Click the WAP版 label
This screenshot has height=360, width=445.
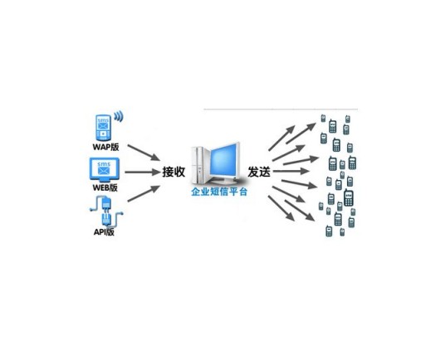tap(105, 147)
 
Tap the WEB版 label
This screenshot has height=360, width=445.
tap(105, 187)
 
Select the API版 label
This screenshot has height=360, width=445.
tap(104, 232)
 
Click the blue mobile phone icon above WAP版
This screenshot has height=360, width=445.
tap(103, 128)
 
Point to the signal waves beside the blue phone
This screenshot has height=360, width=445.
tap(119, 116)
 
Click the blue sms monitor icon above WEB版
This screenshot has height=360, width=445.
tap(104, 169)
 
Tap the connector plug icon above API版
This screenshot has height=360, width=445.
tap(106, 211)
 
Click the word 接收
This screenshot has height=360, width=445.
tap(174, 172)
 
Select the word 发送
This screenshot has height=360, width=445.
tap(259, 172)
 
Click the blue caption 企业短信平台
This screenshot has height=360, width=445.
tap(219, 192)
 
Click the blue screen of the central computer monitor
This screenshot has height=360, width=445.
tap(224, 161)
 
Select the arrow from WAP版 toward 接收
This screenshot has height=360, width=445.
tap(144, 153)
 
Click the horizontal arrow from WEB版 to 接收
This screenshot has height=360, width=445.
tap(143, 172)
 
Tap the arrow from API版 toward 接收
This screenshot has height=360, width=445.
tap(144, 193)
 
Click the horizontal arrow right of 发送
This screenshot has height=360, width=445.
tap(291, 171)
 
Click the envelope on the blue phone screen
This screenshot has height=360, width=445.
tap(103, 125)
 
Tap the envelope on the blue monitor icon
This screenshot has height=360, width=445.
tap(104, 171)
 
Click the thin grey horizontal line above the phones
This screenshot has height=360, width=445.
tap(281, 109)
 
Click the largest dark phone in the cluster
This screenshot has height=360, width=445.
tap(349, 197)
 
